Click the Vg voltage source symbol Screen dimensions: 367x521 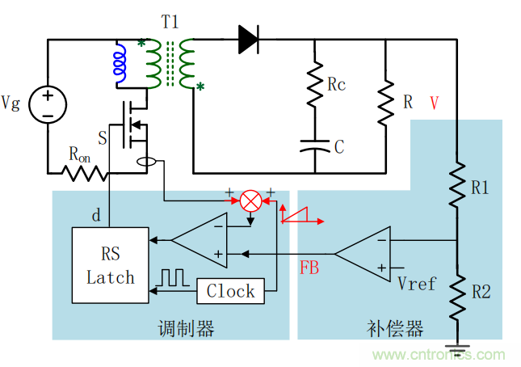click(x=48, y=106)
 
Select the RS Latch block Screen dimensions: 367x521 click(x=111, y=266)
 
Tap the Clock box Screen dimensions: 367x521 click(x=230, y=291)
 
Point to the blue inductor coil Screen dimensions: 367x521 click(x=121, y=64)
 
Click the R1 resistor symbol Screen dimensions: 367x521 click(x=456, y=187)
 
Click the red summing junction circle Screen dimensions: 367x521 click(x=252, y=200)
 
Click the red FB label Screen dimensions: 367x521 click(x=309, y=268)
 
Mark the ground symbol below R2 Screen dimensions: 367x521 click(x=456, y=350)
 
